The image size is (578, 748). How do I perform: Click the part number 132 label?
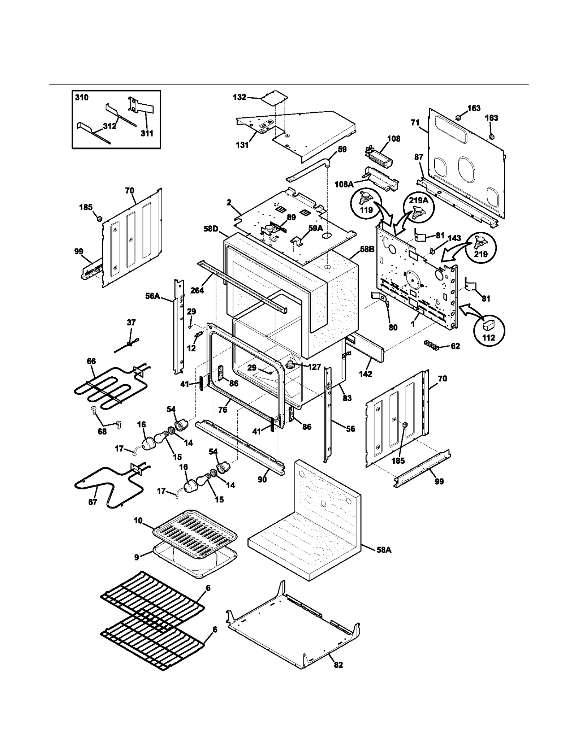240,97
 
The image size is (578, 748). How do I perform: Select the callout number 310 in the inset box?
82,98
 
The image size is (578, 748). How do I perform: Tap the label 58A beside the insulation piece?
384,550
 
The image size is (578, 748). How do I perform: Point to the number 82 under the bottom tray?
338,665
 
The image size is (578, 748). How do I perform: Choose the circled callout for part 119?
366,204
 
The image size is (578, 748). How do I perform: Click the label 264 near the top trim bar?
197,290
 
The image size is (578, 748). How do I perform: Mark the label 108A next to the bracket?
344,185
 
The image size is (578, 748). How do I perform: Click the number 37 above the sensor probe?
131,322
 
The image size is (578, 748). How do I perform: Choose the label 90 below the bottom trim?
262,479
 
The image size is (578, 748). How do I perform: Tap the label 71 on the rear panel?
415,123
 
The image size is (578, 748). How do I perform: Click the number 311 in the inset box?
147,133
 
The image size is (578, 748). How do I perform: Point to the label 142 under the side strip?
365,374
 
